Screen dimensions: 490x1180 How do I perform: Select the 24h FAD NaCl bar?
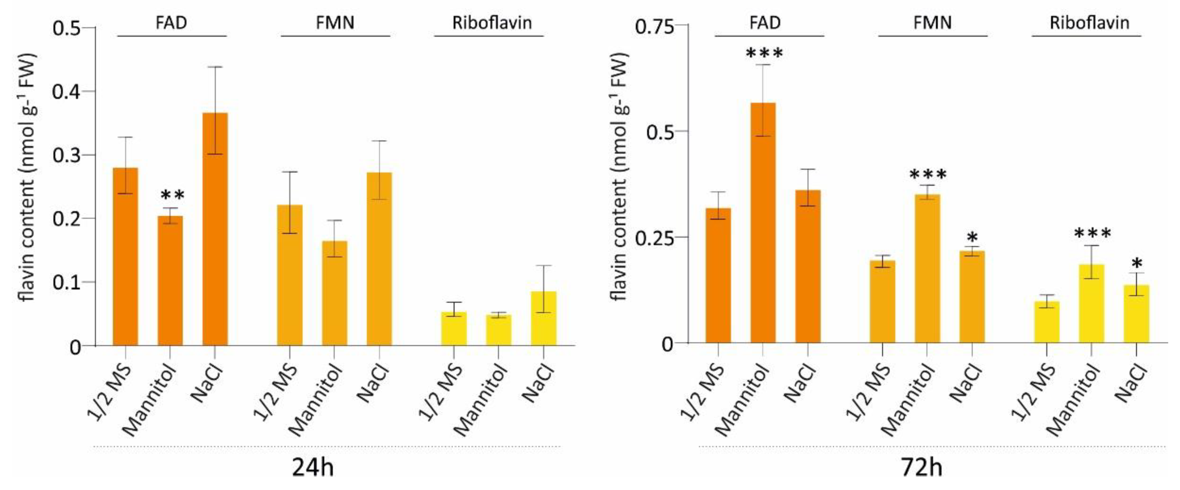pos(215,229)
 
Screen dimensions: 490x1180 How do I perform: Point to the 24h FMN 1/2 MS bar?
pos(290,275)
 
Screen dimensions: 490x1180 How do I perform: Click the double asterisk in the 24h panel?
pos(173,196)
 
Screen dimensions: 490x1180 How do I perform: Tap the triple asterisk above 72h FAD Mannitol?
pos(764,54)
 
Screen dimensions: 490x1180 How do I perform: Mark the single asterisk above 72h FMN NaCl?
pos(972,238)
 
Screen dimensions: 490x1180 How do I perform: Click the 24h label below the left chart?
pos(313,469)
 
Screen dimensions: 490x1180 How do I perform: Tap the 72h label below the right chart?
pos(921,469)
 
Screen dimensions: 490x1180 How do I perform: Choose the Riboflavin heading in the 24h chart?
pos(492,22)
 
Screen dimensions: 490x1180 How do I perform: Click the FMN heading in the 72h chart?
pos(932,22)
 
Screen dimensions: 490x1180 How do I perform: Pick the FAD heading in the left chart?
pos(171,22)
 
